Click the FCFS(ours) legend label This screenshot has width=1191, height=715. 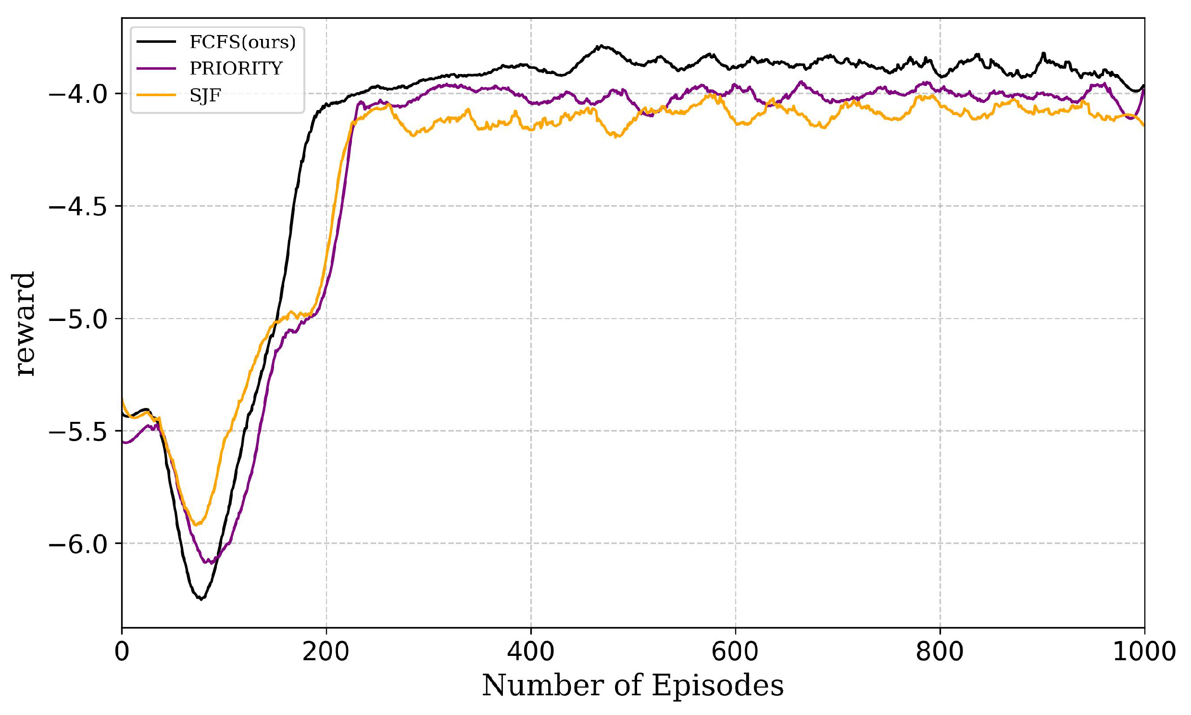[x=242, y=42]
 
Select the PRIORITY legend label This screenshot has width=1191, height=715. [x=236, y=69]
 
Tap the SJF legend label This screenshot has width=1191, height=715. [x=205, y=96]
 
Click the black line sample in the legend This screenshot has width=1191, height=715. [x=156, y=42]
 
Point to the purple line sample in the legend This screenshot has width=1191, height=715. [x=156, y=68]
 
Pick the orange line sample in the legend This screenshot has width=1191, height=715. [x=156, y=95]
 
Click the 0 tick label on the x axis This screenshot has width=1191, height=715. [x=122, y=652]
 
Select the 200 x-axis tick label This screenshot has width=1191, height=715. [x=326, y=652]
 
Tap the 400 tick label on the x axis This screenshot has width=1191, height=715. [x=531, y=652]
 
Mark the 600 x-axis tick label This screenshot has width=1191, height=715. [x=735, y=652]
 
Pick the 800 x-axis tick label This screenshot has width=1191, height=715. [x=940, y=652]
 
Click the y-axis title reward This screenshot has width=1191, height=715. [x=24, y=324]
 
